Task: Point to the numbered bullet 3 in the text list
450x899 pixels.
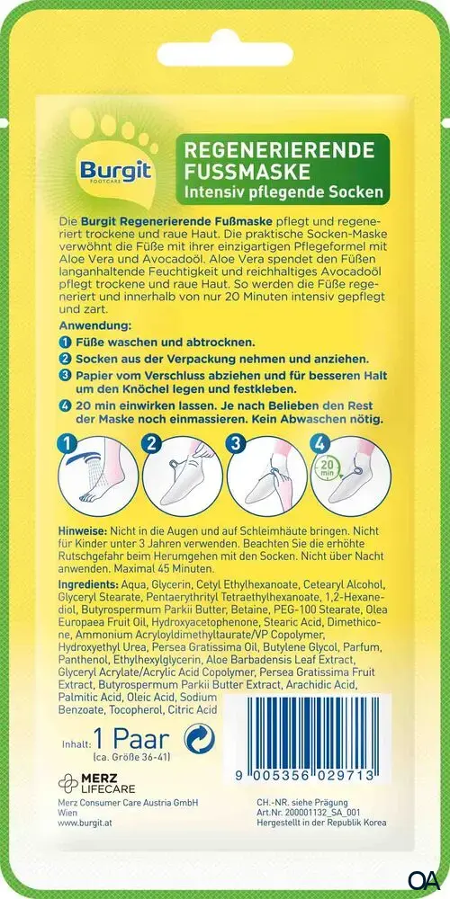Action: [65, 376]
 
